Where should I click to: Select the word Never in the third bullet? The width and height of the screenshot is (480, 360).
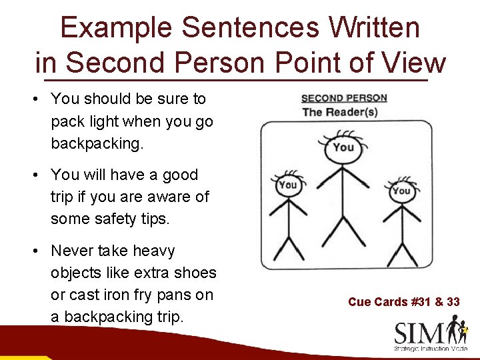(71, 251)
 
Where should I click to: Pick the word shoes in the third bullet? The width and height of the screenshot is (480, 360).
(197, 273)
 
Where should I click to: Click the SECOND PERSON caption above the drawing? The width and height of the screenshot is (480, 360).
(345, 99)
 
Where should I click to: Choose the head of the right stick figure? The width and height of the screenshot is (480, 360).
(401, 191)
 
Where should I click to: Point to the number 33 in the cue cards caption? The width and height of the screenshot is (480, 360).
(453, 302)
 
